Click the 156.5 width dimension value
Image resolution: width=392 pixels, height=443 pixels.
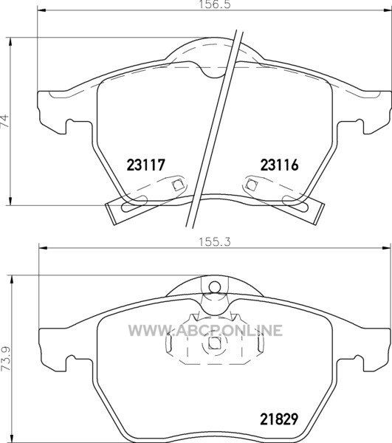click(x=214, y=4)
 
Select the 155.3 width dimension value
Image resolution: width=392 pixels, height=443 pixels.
click(x=215, y=241)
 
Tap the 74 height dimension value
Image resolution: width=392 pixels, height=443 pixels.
click(x=4, y=121)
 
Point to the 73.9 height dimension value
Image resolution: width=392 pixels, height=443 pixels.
click(x=4, y=359)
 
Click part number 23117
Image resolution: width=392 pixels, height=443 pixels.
click(x=145, y=165)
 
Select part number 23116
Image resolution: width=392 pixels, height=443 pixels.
click(x=279, y=165)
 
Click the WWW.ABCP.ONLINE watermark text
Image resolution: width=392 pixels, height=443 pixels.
click(x=205, y=331)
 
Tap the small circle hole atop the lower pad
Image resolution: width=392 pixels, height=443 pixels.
click(x=215, y=287)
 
